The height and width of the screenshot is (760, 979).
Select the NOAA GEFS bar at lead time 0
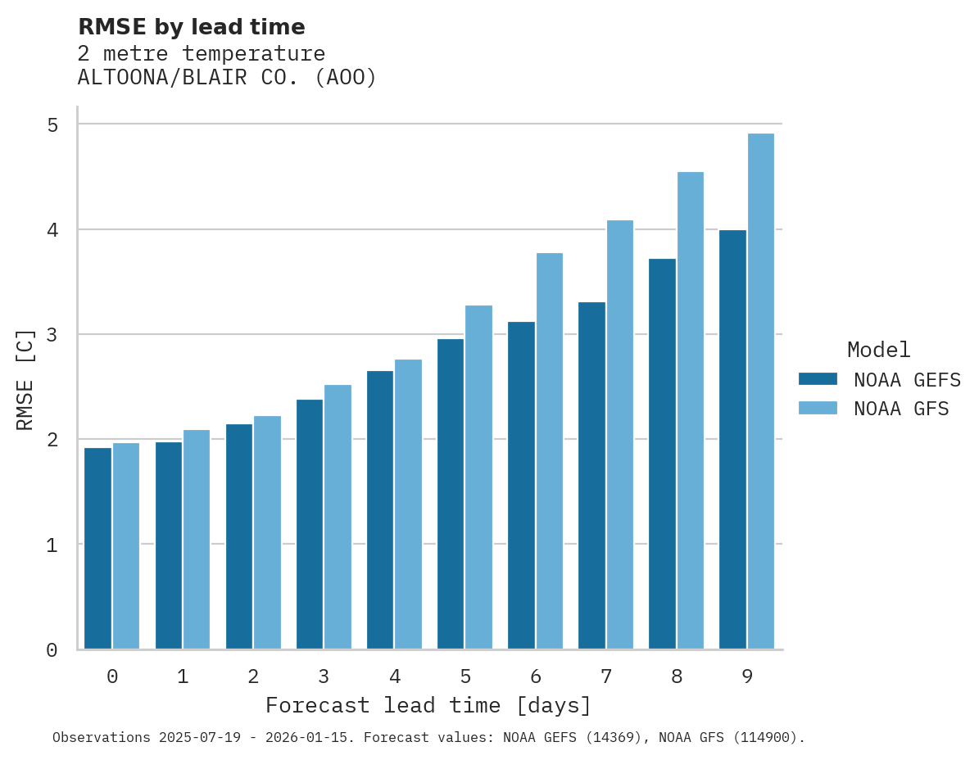click(97, 549)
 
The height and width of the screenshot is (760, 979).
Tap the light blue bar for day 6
click(550, 451)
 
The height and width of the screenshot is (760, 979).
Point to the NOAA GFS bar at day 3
click(338, 517)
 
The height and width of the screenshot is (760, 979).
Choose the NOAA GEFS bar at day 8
click(662, 454)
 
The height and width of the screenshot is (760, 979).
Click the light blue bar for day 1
click(197, 540)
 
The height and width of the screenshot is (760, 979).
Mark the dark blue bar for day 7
click(591, 476)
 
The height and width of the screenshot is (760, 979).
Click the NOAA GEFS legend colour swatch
click(818, 379)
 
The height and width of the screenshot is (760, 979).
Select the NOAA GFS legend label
click(901, 409)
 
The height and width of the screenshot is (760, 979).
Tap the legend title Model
click(878, 351)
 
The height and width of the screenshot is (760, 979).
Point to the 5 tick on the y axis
click(52, 124)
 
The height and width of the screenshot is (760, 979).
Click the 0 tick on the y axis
click(52, 650)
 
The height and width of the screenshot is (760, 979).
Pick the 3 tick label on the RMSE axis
click(52, 335)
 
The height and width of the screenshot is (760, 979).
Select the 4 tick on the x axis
click(395, 676)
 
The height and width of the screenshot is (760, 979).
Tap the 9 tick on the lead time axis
click(747, 676)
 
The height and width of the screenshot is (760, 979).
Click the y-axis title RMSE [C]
click(25, 379)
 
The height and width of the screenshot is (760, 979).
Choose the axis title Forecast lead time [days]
click(428, 705)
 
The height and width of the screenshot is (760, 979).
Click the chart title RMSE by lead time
click(191, 27)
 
